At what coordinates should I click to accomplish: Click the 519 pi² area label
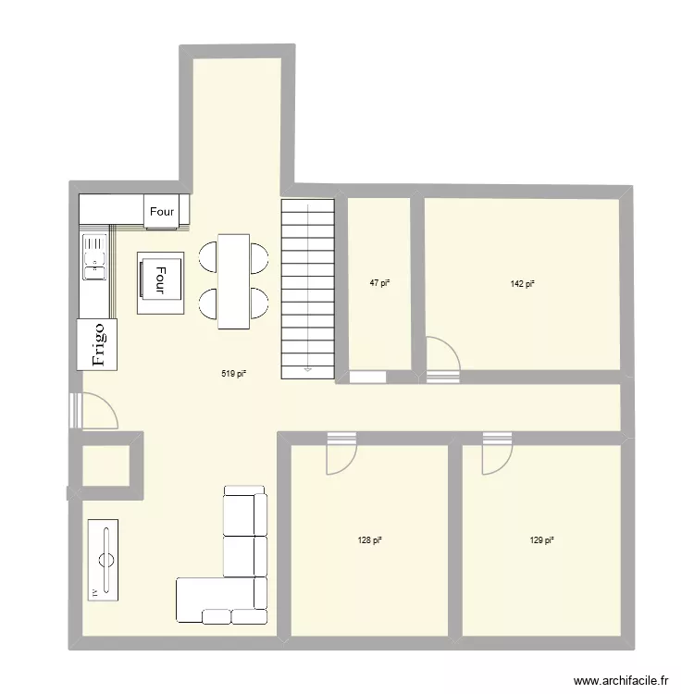coord(234,374)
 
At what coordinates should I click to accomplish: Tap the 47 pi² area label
coord(379,284)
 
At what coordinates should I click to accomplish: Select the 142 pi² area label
coord(522,284)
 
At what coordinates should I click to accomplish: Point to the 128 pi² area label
coord(370,540)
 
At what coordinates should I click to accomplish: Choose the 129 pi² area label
coord(542,540)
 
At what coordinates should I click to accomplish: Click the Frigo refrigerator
coord(96,343)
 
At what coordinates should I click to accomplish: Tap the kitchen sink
coord(94,256)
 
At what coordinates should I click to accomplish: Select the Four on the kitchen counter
coord(162,212)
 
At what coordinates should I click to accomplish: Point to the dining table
coord(233,281)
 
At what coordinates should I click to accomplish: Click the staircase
coord(307,288)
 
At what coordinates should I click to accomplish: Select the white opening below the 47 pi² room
coord(367,377)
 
